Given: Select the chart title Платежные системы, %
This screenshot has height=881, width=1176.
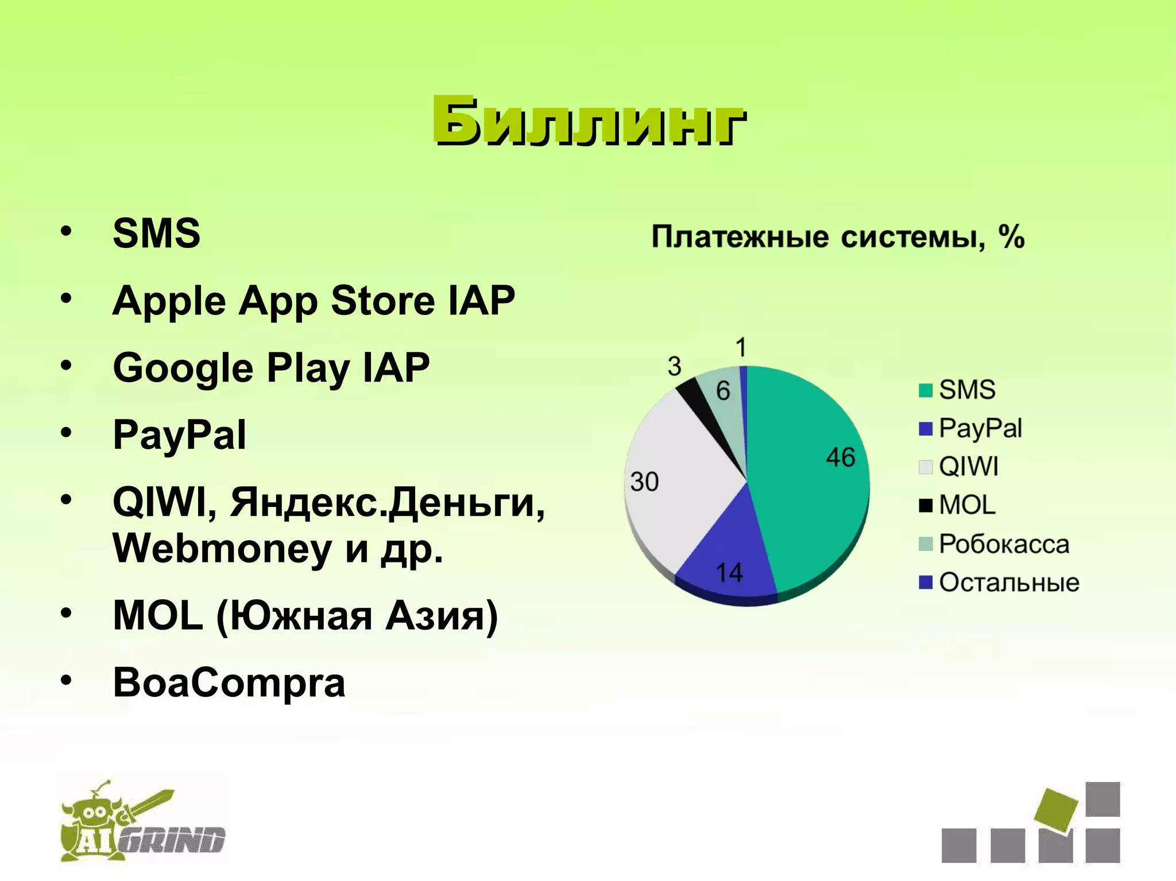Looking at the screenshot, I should pyautogui.click(x=838, y=236).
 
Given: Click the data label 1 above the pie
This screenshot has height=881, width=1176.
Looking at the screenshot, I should pyautogui.click(x=741, y=348).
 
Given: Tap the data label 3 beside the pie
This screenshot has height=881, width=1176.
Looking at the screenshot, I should pyautogui.click(x=675, y=366).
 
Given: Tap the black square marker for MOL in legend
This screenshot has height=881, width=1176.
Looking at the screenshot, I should pyautogui.click(x=925, y=505).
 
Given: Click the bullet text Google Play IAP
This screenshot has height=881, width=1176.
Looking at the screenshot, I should pyautogui.click(x=271, y=368).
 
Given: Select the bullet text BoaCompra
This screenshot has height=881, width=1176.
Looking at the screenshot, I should pyautogui.click(x=229, y=682).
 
